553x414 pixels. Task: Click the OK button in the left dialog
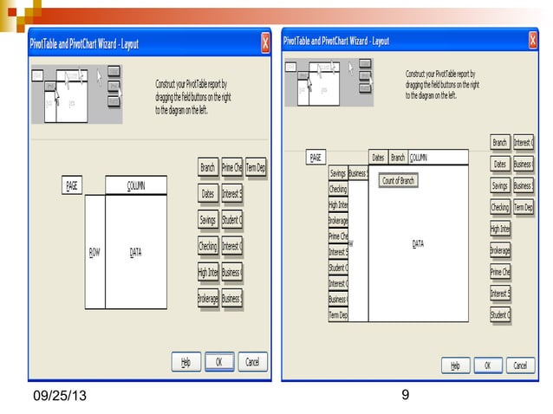(x=219, y=362)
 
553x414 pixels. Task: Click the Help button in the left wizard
(x=185, y=362)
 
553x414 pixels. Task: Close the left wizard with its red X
(x=265, y=42)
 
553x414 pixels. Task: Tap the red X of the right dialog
(x=532, y=41)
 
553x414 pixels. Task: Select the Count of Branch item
(x=399, y=181)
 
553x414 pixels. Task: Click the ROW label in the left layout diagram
(x=94, y=252)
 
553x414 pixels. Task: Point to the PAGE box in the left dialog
(x=73, y=185)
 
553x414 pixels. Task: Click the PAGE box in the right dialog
(x=316, y=158)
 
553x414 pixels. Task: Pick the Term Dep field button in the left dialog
(x=256, y=168)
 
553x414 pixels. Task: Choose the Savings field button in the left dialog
(x=208, y=221)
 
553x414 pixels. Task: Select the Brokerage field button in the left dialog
(x=208, y=298)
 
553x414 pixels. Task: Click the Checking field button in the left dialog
(x=208, y=247)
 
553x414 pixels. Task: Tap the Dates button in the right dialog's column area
(x=378, y=158)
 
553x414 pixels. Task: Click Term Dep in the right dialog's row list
(x=337, y=315)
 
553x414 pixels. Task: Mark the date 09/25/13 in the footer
(x=60, y=397)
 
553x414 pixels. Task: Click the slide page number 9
(x=406, y=396)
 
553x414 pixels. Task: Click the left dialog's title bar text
(x=84, y=43)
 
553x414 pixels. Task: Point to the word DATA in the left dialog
(x=136, y=252)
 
